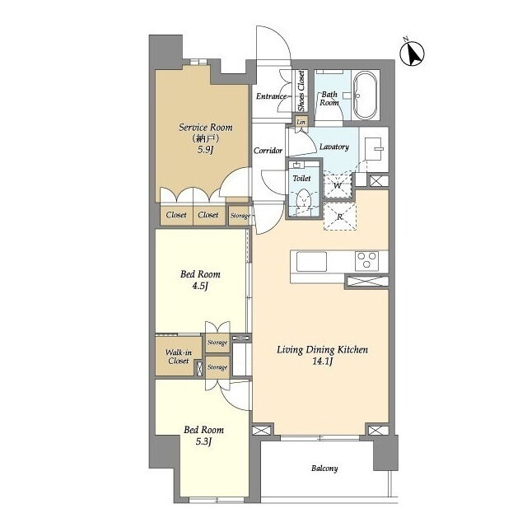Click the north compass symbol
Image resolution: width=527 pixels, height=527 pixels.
(x=412, y=53)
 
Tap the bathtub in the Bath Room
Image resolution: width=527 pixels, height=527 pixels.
(x=366, y=96)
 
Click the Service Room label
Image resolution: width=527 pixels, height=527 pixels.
(x=205, y=128)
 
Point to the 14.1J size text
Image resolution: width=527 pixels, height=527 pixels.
(x=322, y=361)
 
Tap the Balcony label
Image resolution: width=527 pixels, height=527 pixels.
(x=324, y=469)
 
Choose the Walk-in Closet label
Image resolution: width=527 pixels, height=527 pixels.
(x=179, y=357)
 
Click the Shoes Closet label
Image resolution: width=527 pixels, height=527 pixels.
(x=301, y=91)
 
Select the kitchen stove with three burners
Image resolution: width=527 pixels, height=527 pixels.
(x=366, y=261)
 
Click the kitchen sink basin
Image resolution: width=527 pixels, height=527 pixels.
(x=311, y=261)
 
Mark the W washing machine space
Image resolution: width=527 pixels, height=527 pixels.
(x=337, y=185)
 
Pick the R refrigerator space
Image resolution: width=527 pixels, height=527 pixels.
(x=339, y=217)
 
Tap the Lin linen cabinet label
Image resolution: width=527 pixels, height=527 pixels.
(x=301, y=122)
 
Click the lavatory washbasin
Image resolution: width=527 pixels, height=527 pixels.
(x=374, y=148)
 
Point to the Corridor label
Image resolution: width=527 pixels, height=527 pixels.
(x=268, y=150)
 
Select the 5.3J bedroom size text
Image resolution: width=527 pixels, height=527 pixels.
(x=203, y=441)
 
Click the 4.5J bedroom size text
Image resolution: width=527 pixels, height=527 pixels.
(x=200, y=287)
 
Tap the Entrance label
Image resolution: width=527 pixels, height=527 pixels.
(x=271, y=96)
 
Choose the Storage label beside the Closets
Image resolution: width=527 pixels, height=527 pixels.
(x=240, y=216)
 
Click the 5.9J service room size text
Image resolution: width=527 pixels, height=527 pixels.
(x=205, y=150)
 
